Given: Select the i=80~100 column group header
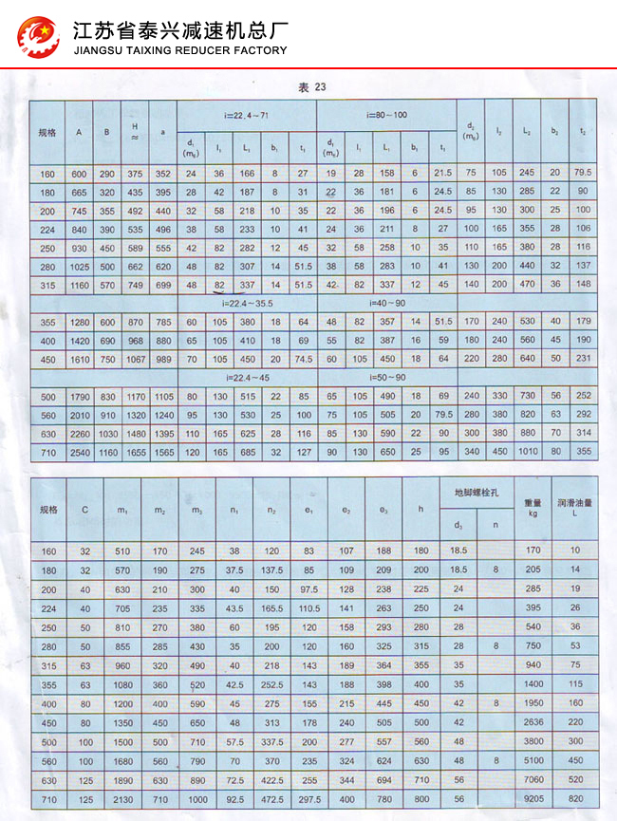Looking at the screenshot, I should click(x=387, y=115).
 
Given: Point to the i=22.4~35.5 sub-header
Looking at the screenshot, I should click(x=247, y=305).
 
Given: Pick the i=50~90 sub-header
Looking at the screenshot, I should click(x=387, y=378).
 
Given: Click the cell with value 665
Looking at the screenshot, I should click(x=79, y=192).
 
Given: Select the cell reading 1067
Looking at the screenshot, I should click(x=136, y=359).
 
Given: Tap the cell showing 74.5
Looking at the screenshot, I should click(x=304, y=359).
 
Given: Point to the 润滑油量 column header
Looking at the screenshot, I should click(x=575, y=509).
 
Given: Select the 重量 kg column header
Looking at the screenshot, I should click(x=533, y=509).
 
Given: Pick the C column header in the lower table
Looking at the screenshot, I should click(x=84, y=510).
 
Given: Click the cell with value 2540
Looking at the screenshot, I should click(x=79, y=451).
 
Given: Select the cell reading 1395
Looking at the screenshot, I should click(x=163, y=433).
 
